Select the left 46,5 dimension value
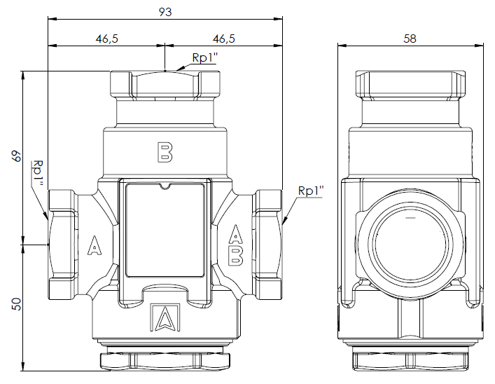coord(106,39)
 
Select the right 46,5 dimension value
coord(223,39)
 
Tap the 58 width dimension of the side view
coord(410,39)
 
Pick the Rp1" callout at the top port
coord(203,59)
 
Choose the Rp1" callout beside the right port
coord(310,191)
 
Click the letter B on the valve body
coord(165,151)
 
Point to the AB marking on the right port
coord(236,245)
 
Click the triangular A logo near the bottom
coord(165,319)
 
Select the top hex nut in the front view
coord(165,85)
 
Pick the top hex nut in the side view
coord(410,85)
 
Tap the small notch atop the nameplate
coord(165,186)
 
